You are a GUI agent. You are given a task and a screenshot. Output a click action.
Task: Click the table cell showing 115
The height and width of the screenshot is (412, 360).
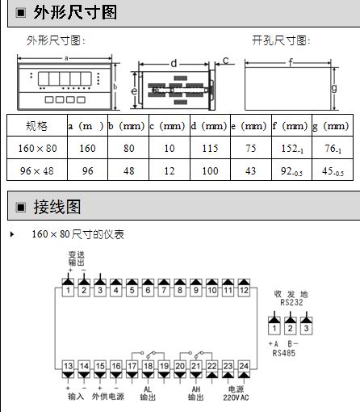pos(210,148)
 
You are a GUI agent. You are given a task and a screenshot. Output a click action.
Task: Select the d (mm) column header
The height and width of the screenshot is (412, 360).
pos(210,126)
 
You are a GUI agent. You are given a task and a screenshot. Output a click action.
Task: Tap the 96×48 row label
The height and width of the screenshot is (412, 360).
pos(37,170)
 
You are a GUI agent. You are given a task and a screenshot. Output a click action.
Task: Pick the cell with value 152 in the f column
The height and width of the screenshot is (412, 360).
pos(292,148)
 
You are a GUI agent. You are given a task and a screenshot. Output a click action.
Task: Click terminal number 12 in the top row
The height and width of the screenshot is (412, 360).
pos(244,291)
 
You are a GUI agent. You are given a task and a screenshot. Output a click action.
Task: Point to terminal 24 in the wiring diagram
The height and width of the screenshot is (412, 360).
pos(244,366)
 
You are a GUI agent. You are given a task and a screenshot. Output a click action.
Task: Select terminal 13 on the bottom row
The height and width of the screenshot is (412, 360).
pos(68,366)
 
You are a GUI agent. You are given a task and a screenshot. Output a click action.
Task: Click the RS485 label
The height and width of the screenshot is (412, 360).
pos(284,353)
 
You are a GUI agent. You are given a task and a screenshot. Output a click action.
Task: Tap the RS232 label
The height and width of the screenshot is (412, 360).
pos(291,302)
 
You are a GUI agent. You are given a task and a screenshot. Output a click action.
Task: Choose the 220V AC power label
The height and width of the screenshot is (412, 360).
pos(236,397)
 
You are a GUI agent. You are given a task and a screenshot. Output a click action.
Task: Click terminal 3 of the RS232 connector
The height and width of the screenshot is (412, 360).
pos(306,329)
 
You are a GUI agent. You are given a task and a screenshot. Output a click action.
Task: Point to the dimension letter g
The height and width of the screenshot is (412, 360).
pos(334,88)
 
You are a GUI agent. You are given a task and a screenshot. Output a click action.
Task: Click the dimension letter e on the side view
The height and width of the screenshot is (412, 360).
pos(134,91)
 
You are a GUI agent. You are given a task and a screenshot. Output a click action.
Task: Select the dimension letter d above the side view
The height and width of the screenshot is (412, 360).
pos(174,64)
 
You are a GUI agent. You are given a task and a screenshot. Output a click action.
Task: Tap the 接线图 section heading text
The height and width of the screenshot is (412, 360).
pos(57,207)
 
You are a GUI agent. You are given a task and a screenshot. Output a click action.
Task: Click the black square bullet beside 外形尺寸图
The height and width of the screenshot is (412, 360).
pos(21,13)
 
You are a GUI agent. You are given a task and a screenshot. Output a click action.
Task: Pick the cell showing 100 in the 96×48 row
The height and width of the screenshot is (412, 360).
pos(210,170)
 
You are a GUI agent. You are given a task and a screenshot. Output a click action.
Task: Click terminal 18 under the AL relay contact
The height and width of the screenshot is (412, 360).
pos(148,366)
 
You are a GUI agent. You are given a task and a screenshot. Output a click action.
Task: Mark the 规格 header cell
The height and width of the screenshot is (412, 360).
pos(37,126)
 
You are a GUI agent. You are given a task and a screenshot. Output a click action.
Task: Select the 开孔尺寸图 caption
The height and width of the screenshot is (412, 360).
pos(281,40)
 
